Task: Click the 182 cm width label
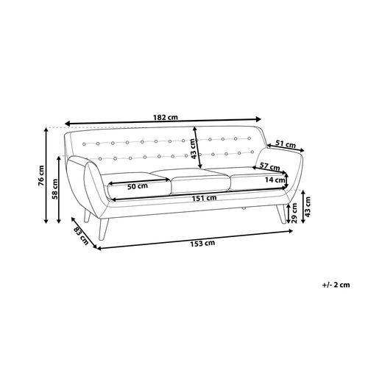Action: [x=166, y=117]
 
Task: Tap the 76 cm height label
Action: [x=41, y=176]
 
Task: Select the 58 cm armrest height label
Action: [x=54, y=189]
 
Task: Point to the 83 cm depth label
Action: [x=81, y=236]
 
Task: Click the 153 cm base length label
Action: [x=202, y=244]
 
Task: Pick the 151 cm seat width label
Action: [x=204, y=198]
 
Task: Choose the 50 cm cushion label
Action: [x=138, y=186]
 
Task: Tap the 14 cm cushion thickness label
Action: [x=275, y=180]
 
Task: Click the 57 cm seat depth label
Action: [x=269, y=167]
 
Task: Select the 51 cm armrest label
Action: [x=286, y=144]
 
